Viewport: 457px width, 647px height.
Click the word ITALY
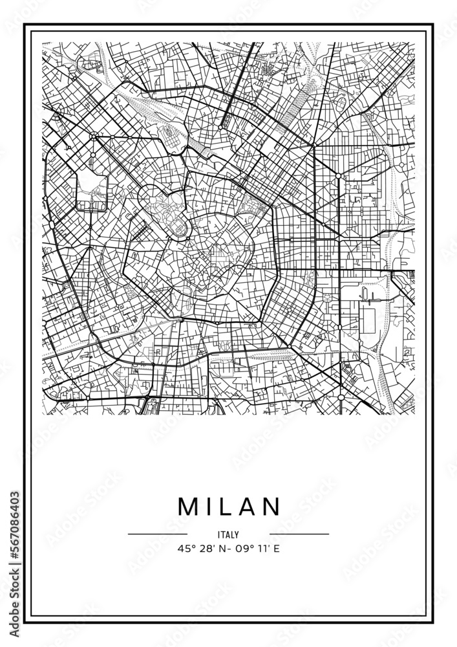(229, 534)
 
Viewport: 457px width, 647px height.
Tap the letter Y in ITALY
(237, 534)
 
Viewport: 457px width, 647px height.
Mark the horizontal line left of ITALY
(158, 534)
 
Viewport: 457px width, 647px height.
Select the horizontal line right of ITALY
(299, 534)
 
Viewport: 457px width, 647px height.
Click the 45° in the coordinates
(184, 549)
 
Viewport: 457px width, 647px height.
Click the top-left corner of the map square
(43, 43)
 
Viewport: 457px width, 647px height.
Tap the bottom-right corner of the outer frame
(432, 622)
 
